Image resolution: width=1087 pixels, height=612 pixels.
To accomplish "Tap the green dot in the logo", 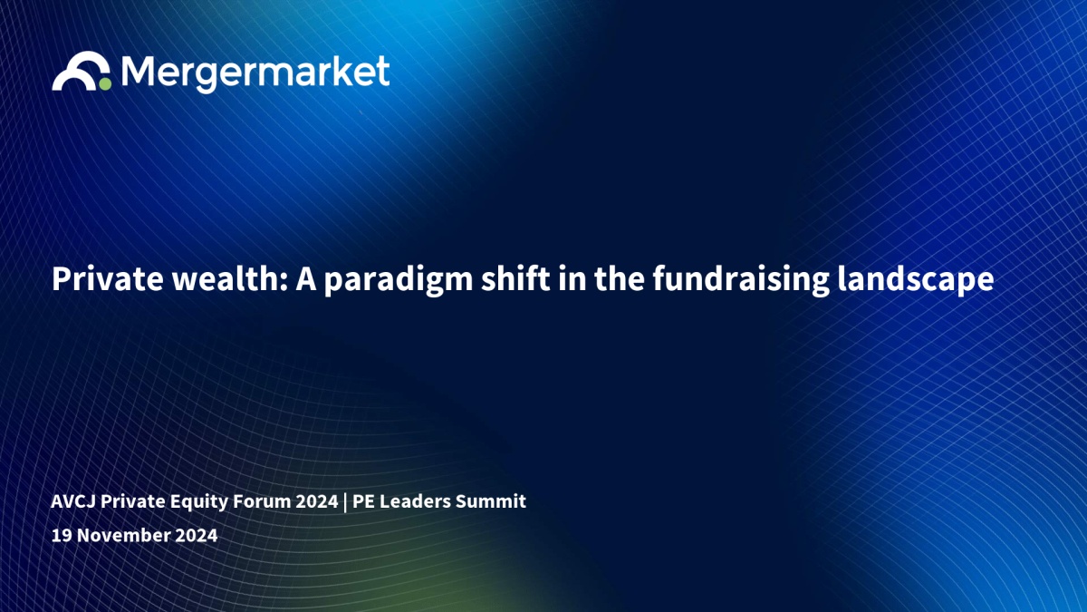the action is [x=105, y=83].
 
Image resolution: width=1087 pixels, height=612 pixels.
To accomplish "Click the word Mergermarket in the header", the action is [x=255, y=73].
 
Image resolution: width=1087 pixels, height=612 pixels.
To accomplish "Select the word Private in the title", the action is [x=107, y=279].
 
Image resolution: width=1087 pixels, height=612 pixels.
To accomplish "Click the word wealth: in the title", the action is [x=230, y=279].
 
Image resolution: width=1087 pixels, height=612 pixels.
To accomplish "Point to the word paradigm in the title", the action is [x=399, y=281].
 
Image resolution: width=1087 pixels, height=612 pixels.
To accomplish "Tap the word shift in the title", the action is [x=515, y=279].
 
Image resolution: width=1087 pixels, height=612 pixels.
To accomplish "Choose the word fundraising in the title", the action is [x=741, y=281].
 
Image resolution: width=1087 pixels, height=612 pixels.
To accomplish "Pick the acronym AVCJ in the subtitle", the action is [x=72, y=501].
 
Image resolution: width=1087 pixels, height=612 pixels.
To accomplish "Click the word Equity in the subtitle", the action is [x=198, y=502].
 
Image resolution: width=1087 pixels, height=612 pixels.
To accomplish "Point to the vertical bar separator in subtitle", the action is [x=345, y=502].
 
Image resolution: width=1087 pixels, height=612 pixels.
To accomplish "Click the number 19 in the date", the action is [x=62, y=535].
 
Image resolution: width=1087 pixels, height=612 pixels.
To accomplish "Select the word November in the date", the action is [x=123, y=535].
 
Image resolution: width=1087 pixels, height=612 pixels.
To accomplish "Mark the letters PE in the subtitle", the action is [x=363, y=501].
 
